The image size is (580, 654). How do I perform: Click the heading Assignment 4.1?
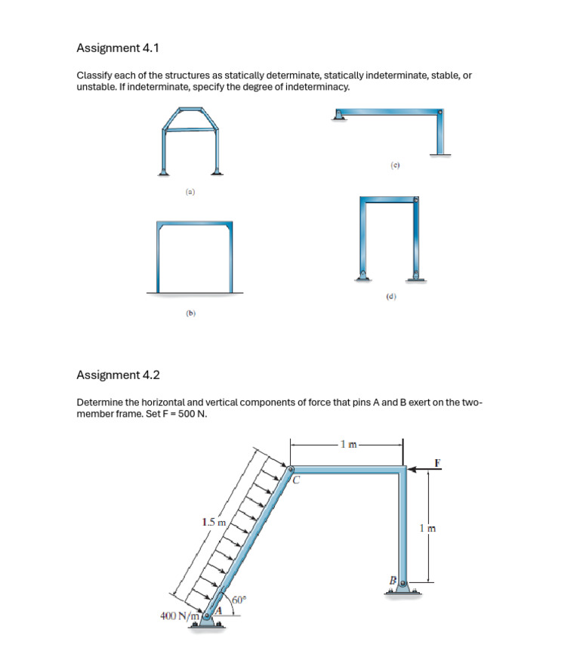pyautogui.click(x=117, y=48)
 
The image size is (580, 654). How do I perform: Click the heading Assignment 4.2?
pyautogui.click(x=118, y=375)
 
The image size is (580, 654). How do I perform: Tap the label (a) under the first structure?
pyautogui.click(x=190, y=193)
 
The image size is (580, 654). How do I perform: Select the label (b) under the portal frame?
pyautogui.click(x=190, y=312)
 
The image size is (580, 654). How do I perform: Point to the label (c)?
pyautogui.click(x=394, y=164)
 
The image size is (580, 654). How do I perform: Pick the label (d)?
pyautogui.click(x=390, y=297)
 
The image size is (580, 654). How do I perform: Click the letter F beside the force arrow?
pyautogui.click(x=437, y=461)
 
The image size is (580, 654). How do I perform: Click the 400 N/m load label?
pyautogui.click(x=178, y=615)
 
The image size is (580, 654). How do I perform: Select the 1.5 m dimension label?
pyautogui.click(x=214, y=522)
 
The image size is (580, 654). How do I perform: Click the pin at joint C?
pyautogui.click(x=289, y=470)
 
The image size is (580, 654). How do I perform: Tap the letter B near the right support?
pyautogui.click(x=393, y=579)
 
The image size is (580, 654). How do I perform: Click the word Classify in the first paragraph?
pyautogui.click(x=94, y=76)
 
